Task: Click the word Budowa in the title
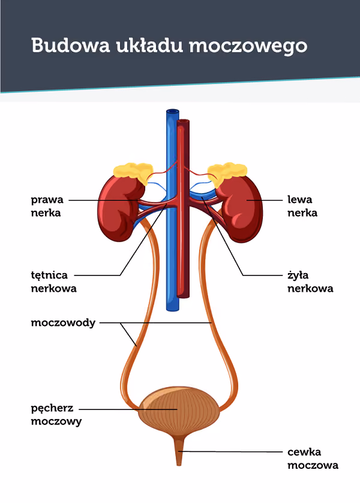(71, 45)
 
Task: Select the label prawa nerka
(47, 206)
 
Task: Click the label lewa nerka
(302, 206)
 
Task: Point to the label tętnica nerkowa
(54, 282)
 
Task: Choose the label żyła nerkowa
(310, 282)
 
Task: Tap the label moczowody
(63, 322)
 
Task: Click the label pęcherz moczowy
(56, 414)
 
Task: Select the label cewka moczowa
(313, 459)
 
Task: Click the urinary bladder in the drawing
(179, 411)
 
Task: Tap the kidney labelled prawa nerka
(120, 208)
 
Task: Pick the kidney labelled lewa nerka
(239, 208)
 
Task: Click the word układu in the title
(149, 45)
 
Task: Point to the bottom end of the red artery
(183, 296)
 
